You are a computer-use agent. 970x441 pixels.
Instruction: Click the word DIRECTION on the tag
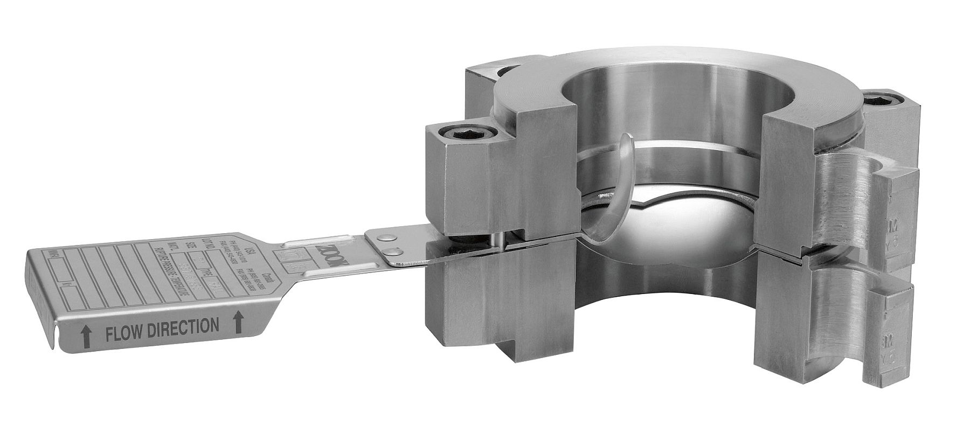[186, 326]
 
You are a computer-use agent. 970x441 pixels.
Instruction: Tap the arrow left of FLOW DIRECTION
[85, 337]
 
